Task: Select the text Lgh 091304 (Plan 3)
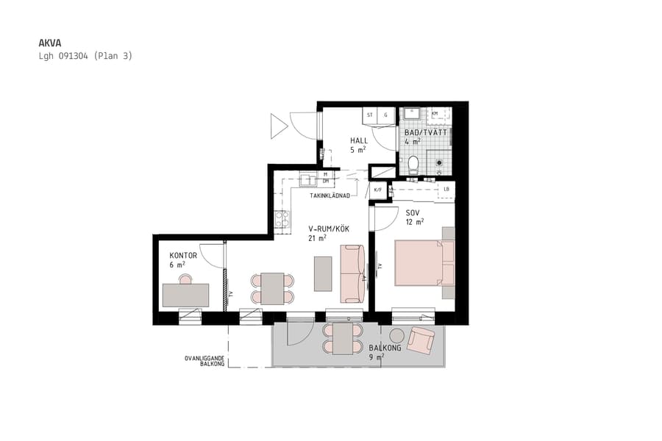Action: tap(85, 56)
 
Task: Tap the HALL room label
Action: tap(359, 140)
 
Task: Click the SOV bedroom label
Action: tap(413, 213)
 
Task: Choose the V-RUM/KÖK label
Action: tap(329, 229)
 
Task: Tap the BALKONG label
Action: tap(385, 348)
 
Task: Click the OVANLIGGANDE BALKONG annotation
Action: tap(204, 361)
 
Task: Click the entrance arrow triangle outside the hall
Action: tap(278, 126)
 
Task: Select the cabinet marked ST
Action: tap(370, 115)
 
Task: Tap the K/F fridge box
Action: tap(378, 190)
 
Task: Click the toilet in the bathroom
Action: tap(413, 164)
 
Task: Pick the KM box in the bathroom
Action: tap(435, 114)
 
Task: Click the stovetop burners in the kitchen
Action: tap(280, 218)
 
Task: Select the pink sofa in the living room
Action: tap(351, 273)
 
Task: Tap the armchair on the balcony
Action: tap(422, 339)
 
